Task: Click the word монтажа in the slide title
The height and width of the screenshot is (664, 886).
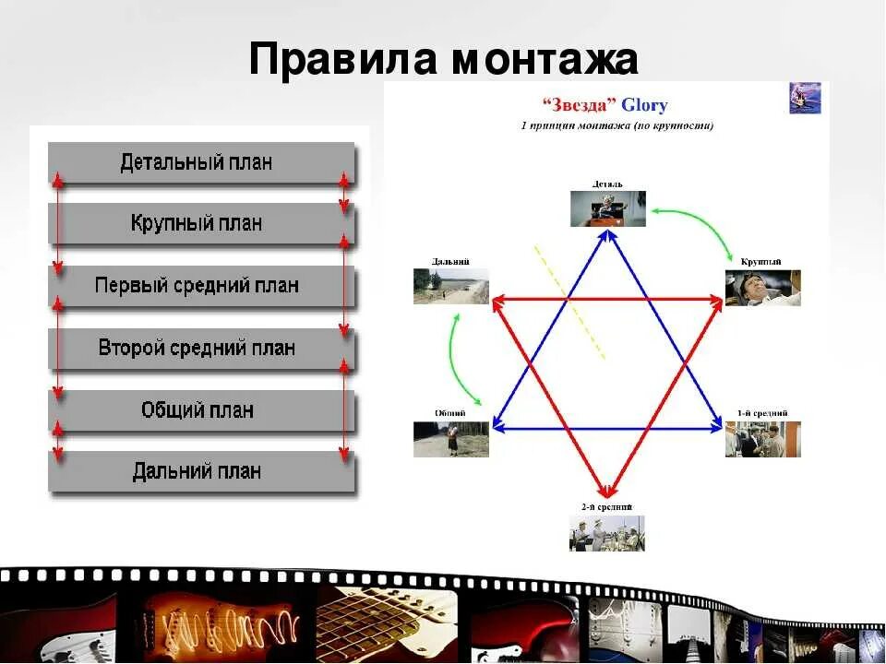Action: pyautogui.click(x=545, y=61)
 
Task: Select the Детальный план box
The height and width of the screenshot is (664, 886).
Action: pyautogui.click(x=201, y=163)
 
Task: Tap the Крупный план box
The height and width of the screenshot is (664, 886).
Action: pyautogui.click(x=201, y=224)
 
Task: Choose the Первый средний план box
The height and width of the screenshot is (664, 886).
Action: pyautogui.click(x=201, y=286)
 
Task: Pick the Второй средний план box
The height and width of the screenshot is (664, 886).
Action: pyautogui.click(x=201, y=348)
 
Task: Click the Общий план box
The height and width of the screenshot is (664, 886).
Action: pyautogui.click(x=201, y=409)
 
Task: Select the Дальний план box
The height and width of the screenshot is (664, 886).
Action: pyautogui.click(x=201, y=471)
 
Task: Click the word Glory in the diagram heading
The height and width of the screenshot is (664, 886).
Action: pyautogui.click(x=644, y=105)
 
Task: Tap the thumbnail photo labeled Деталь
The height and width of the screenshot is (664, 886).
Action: pyautogui.click(x=606, y=209)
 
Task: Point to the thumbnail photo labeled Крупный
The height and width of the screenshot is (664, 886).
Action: pyautogui.click(x=762, y=288)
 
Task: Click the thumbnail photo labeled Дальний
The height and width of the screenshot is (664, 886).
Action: pyautogui.click(x=450, y=286)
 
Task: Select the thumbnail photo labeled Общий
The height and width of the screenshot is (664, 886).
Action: pyautogui.click(x=450, y=439)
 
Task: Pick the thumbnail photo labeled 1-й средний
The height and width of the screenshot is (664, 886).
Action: pyautogui.click(x=762, y=439)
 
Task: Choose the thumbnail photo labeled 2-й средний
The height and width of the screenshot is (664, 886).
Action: pyautogui.click(x=606, y=533)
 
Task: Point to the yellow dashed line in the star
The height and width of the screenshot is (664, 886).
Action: pyautogui.click(x=569, y=302)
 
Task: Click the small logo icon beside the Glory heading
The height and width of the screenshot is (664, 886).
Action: pyautogui.click(x=805, y=98)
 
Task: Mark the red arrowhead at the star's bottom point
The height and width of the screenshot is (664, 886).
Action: pyautogui.click(x=606, y=490)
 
